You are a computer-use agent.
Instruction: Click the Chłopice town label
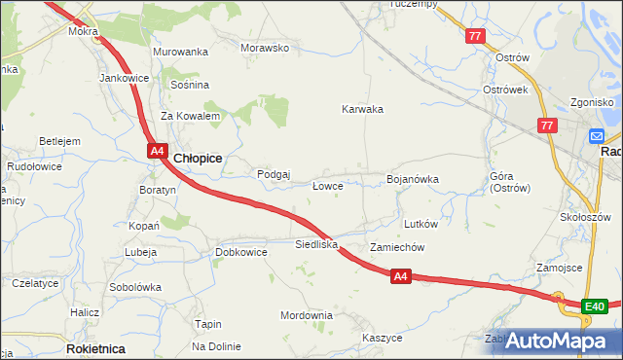199,158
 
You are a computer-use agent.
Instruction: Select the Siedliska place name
316,244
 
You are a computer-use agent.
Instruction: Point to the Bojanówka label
413,179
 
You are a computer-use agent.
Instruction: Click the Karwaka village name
362,109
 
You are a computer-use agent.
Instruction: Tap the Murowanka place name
181,52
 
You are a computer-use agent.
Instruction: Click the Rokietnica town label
94,347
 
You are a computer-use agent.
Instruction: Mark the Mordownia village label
307,315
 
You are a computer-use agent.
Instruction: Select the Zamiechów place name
397,247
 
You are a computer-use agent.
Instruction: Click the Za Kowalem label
191,116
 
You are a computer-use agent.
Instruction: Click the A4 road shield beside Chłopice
158,150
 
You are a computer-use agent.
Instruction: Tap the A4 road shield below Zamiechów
401,277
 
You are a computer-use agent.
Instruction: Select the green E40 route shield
595,307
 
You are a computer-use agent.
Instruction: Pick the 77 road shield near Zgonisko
546,126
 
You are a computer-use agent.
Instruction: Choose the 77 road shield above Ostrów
475,36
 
